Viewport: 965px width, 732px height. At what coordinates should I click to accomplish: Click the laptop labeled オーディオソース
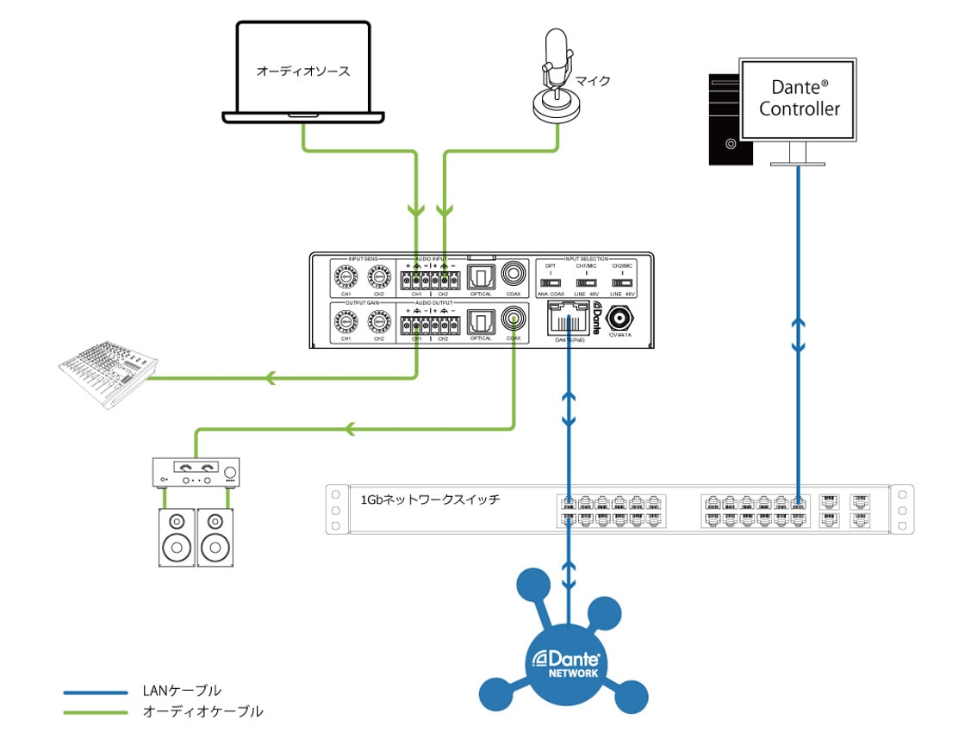click(x=303, y=73)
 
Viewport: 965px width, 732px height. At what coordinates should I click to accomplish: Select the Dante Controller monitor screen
click(x=799, y=98)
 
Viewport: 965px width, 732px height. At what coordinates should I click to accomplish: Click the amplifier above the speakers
click(x=196, y=472)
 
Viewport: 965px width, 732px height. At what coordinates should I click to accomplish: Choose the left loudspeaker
click(x=177, y=535)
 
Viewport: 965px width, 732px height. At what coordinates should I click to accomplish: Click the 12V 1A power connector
click(x=619, y=318)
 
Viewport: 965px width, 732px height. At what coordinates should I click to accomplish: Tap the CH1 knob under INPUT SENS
click(x=346, y=277)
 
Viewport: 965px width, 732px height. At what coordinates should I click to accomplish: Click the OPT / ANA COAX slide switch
click(x=551, y=282)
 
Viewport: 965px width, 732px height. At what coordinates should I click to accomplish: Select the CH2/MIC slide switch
click(x=622, y=282)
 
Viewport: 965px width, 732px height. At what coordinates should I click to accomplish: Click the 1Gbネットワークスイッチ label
click(x=430, y=499)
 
